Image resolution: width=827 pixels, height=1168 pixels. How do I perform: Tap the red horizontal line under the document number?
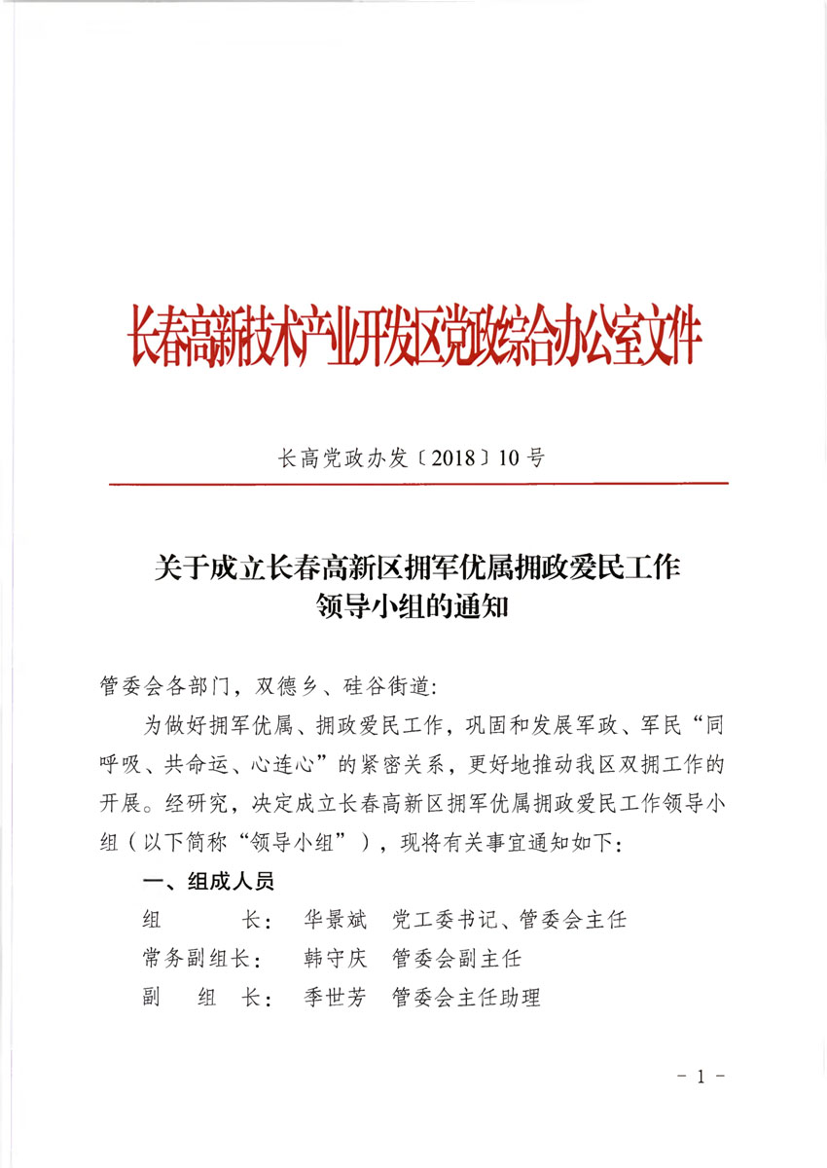coord(418,483)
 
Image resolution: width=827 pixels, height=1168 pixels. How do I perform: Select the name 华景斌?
coord(336,919)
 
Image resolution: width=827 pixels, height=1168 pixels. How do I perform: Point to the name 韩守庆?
coord(336,958)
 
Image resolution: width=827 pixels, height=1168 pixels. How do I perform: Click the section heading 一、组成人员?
coord(207,881)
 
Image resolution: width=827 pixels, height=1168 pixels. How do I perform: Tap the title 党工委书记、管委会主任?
coord(509,919)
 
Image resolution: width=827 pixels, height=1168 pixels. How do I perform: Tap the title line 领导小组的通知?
coord(413,605)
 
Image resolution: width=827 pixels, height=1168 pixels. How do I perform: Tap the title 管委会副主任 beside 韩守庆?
coord(456,958)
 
